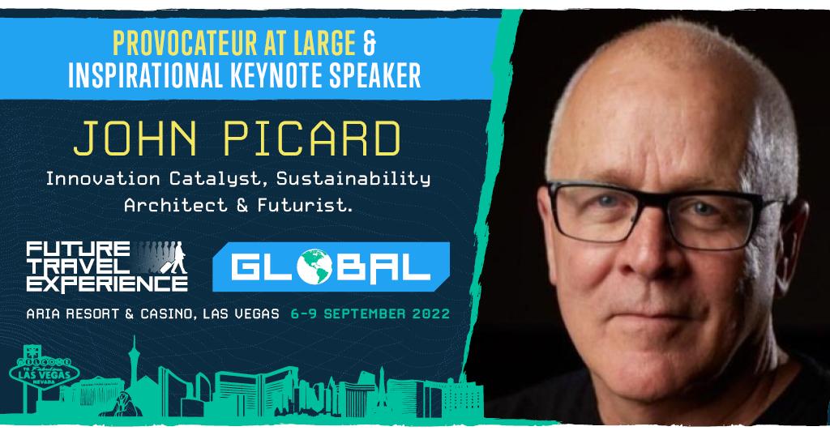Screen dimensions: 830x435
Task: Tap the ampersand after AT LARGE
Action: point(370,43)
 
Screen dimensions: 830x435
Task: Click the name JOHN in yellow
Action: point(135,139)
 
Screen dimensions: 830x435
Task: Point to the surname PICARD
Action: point(312,139)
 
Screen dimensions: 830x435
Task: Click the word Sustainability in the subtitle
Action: point(353,179)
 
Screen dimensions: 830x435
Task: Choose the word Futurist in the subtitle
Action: point(305,205)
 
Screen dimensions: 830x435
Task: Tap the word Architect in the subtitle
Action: point(176,205)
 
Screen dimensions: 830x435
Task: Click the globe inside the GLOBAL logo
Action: point(314,267)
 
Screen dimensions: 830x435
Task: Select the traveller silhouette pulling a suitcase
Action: point(178,258)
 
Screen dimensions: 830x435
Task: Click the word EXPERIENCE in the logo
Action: point(107,284)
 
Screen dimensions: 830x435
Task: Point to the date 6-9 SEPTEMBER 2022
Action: point(370,313)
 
